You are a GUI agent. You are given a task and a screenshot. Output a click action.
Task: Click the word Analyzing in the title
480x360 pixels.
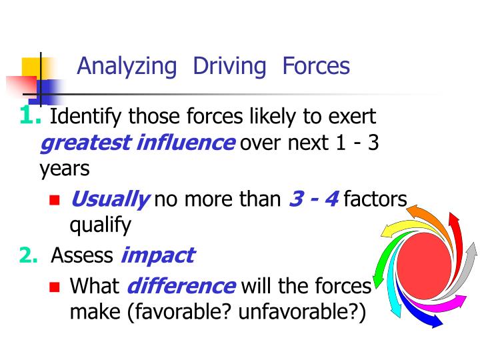(x=127, y=67)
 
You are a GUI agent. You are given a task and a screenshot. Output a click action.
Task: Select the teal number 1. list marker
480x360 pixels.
(x=31, y=116)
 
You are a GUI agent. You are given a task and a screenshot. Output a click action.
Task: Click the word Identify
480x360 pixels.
(x=86, y=118)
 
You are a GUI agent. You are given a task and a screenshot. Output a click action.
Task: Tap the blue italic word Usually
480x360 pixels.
(x=109, y=199)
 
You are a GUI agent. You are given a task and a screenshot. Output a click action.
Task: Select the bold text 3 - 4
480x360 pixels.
(x=314, y=199)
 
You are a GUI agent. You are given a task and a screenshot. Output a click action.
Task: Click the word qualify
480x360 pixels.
(x=100, y=225)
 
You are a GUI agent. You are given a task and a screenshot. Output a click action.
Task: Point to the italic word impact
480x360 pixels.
(x=157, y=255)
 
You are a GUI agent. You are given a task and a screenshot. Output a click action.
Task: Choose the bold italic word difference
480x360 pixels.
(x=180, y=287)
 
